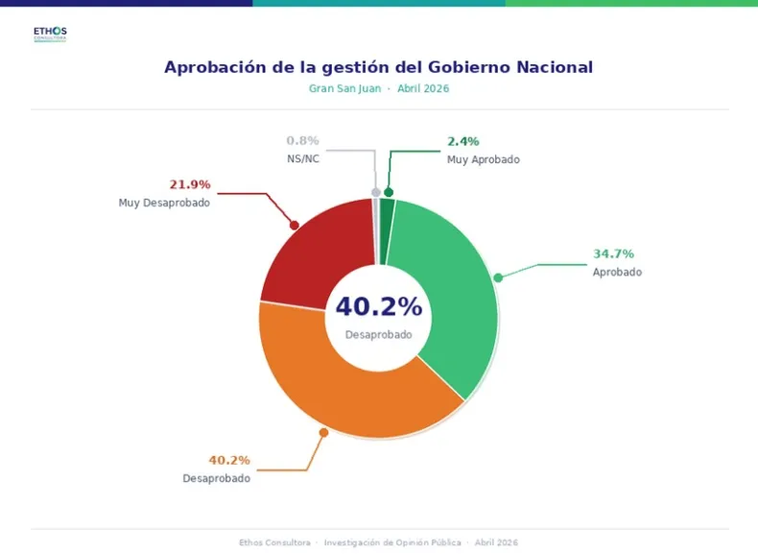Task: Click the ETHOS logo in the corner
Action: [50, 34]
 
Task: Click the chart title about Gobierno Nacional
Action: [378, 67]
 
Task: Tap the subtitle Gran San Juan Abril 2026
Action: [378, 88]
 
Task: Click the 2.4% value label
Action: [462, 142]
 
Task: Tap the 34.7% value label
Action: [613, 254]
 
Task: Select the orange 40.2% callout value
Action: [229, 460]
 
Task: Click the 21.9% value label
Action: [190, 184]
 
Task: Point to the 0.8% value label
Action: [302, 140]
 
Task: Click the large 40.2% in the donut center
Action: [378, 307]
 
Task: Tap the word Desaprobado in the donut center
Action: [378, 335]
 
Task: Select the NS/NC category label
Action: [303, 158]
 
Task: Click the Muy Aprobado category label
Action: [483, 159]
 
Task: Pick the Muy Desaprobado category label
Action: [164, 203]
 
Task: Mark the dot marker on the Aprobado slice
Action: [498, 277]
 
